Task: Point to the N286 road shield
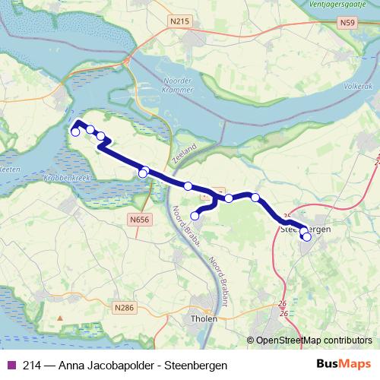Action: point(124,308)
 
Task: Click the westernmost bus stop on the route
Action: point(74,132)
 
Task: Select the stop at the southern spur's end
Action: point(195,216)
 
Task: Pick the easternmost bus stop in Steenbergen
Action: point(307,237)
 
